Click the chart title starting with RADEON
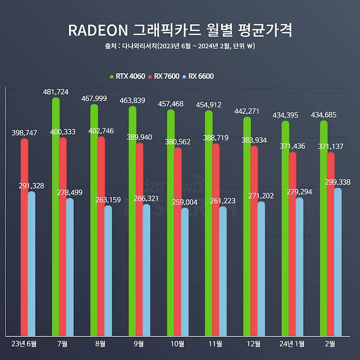coord(179,30)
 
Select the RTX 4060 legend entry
coord(128,76)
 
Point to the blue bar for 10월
coord(184,271)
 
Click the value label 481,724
coord(55,92)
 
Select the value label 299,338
coord(338,182)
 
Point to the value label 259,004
coord(184,202)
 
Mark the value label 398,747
coord(24,133)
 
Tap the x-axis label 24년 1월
coord(292,344)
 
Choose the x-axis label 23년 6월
coord(25,344)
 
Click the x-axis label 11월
coord(216,344)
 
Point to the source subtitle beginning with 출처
coord(179,46)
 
